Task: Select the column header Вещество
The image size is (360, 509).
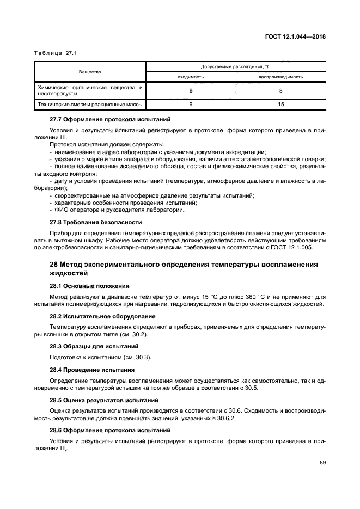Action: (x=90, y=72)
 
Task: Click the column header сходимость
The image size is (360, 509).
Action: (x=191, y=77)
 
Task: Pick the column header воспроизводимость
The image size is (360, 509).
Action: (x=280, y=77)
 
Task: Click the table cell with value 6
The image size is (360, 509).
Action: (x=191, y=90)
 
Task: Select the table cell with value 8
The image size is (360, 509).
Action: (x=280, y=90)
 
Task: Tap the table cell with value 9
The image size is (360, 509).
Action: (x=191, y=103)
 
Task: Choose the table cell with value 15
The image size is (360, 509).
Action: (x=280, y=103)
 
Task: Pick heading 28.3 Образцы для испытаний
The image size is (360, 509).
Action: (x=94, y=346)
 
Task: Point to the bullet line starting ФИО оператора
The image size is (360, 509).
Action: (x=117, y=210)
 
